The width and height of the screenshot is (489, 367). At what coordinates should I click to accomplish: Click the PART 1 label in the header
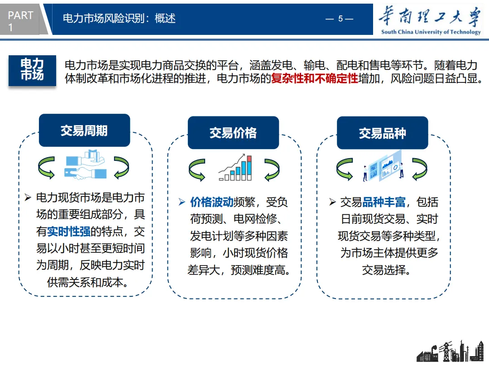[20, 21]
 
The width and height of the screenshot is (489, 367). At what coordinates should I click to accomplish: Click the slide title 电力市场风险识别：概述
[119, 19]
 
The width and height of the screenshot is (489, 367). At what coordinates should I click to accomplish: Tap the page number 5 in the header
[340, 19]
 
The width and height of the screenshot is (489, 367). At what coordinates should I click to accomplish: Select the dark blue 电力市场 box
[32, 70]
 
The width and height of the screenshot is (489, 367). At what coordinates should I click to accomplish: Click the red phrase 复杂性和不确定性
[314, 78]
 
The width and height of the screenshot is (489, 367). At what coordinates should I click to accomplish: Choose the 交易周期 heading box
[84, 130]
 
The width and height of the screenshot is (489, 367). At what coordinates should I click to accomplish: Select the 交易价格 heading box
[233, 133]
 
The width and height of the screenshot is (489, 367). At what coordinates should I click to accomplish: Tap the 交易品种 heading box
[382, 133]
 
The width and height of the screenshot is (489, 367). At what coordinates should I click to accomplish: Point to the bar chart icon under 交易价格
[235, 168]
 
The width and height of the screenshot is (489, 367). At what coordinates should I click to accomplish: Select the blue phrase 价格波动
[211, 202]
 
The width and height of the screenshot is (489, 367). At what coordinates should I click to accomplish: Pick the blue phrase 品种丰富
[384, 202]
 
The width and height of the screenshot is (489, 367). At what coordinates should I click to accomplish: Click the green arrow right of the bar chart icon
[272, 169]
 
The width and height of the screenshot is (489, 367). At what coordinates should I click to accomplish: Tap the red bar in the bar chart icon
[249, 158]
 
